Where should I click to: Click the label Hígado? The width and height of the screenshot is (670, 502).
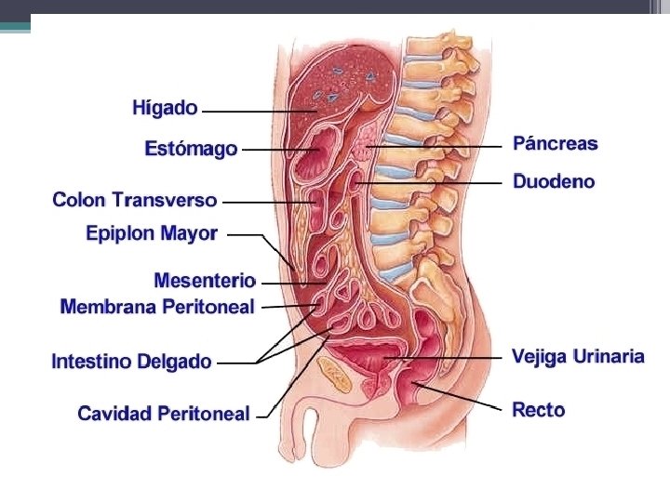click(x=165, y=109)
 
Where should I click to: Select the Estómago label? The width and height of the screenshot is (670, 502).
click(x=191, y=149)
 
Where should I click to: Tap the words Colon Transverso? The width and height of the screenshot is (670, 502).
click(x=135, y=200)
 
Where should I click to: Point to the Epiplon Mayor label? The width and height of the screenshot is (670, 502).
click(x=152, y=233)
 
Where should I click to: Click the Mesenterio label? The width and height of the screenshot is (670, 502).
click(x=205, y=280)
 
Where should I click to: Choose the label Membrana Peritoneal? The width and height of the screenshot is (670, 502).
click(x=157, y=307)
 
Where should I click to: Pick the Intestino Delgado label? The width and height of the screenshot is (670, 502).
click(x=131, y=362)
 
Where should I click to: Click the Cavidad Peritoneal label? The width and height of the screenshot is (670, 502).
click(x=164, y=413)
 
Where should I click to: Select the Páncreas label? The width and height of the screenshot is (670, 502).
click(x=556, y=144)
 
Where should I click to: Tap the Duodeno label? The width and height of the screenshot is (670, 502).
click(x=554, y=182)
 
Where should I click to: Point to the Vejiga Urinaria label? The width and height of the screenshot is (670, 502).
click(x=578, y=356)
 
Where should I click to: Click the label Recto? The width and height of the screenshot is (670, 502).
click(x=539, y=410)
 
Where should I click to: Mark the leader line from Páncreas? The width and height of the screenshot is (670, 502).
click(x=447, y=147)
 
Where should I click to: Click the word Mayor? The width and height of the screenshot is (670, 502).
click(x=189, y=233)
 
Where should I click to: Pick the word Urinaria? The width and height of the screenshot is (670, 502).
click(x=609, y=356)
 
